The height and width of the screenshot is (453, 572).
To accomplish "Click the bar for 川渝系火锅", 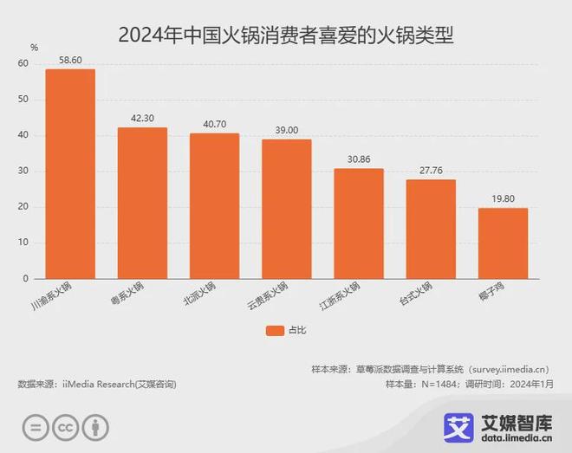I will click(70, 174).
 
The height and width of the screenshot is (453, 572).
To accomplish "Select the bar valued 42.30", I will click(142, 204).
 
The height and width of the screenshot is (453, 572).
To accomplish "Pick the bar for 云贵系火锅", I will click(286, 209).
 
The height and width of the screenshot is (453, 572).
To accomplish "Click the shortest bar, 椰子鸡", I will click(503, 243).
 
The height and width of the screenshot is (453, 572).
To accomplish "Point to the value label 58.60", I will click(70, 61).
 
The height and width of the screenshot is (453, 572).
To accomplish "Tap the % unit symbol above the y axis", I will click(34, 47).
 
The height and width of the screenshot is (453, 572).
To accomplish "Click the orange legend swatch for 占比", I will click(275, 329).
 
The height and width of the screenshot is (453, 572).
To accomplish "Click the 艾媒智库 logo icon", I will click(458, 425).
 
